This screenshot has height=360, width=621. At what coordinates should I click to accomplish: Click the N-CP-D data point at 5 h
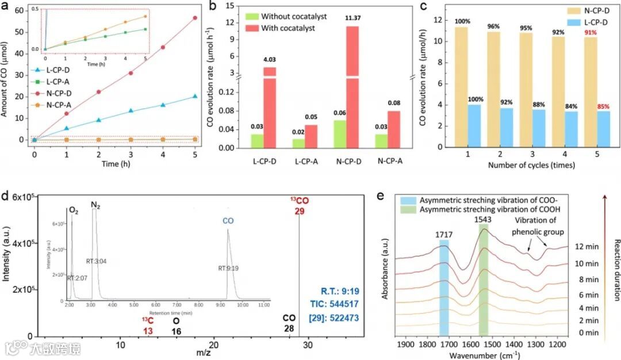pyautogui.click(x=195, y=18)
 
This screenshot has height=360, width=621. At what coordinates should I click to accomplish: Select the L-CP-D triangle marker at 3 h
pyautogui.click(x=131, y=110)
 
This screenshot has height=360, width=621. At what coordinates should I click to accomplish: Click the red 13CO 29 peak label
pyautogui.click(x=300, y=206)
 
